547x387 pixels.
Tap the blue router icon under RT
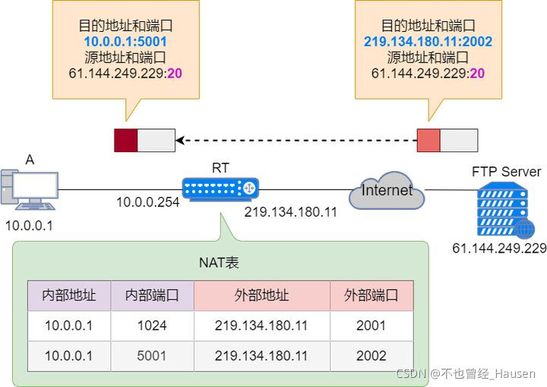[220, 187]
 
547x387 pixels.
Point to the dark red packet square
[125, 141]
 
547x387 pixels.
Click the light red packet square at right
[428, 141]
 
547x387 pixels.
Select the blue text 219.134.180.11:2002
[428, 40]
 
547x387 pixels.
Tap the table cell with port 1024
[152, 325]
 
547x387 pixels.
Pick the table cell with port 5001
[152, 356]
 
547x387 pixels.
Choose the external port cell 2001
[371, 325]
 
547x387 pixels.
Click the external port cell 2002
[371, 356]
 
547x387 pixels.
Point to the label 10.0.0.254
[147, 203]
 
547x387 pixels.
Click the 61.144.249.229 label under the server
[499, 249]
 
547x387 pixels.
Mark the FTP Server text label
[506, 172]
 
